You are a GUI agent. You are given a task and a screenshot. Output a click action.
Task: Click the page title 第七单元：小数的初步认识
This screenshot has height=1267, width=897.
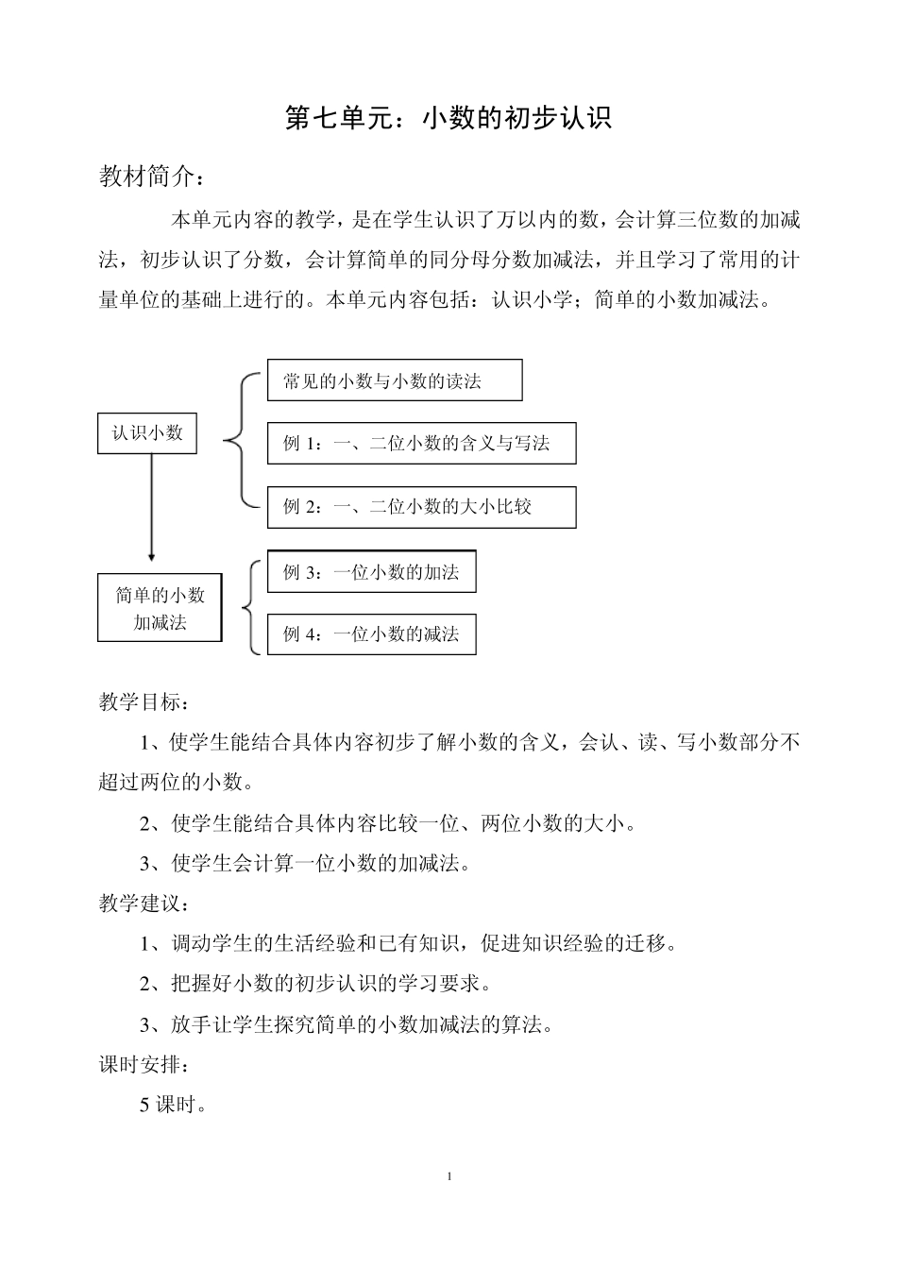tap(448, 117)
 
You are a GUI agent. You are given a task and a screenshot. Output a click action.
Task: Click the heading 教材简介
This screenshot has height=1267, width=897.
tap(151, 177)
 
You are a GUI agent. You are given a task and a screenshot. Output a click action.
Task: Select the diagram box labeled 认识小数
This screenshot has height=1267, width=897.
tap(147, 433)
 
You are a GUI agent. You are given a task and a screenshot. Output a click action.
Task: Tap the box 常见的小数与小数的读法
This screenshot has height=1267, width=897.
tap(395, 380)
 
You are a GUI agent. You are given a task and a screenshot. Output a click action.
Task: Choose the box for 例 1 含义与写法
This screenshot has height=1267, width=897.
tap(421, 443)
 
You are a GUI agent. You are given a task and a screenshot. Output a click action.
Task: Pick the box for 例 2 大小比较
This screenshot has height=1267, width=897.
tap(421, 507)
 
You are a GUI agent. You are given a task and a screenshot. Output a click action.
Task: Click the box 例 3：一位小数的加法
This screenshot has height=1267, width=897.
tap(371, 572)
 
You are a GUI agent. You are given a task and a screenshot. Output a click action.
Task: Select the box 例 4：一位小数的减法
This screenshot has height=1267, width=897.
tap(371, 634)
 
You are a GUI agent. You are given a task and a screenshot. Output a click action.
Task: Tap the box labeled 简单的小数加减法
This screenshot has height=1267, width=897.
tap(160, 608)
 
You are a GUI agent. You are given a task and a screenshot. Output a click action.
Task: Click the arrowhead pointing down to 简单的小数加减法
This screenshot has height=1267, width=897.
tap(151, 557)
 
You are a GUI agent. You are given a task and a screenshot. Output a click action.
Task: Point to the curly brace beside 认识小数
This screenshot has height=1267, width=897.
tap(238, 440)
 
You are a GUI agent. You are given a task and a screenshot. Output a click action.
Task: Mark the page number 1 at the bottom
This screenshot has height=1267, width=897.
tap(449, 1176)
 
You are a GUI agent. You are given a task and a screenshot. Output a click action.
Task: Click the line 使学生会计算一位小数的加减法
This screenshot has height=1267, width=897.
tap(305, 863)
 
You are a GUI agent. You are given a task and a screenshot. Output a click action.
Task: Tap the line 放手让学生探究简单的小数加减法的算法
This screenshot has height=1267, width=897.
tap(346, 1024)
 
